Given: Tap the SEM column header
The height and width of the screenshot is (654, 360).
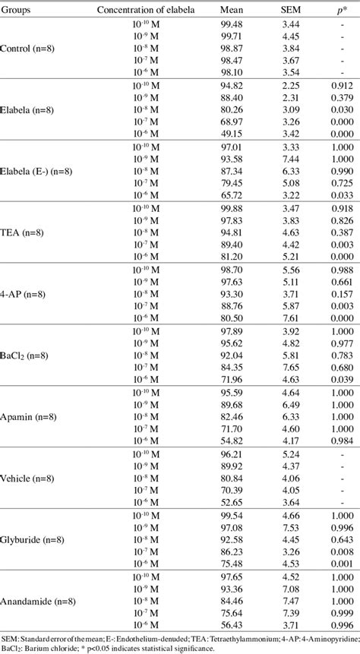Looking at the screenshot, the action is tap(280, 10).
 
